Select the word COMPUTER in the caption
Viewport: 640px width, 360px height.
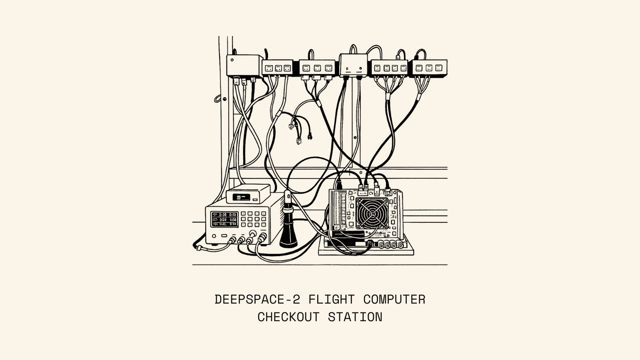pyautogui.click(x=394, y=300)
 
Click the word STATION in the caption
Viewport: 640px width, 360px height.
pyautogui.click(x=355, y=317)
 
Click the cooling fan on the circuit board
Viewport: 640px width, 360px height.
pyautogui.click(x=372, y=213)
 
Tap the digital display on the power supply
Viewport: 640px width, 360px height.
pyautogui.click(x=224, y=219)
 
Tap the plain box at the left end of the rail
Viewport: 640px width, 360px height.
pyautogui.click(x=241, y=65)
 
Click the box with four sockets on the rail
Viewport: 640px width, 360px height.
pyautogui.click(x=390, y=68)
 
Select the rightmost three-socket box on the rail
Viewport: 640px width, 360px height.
pyautogui.click(x=430, y=68)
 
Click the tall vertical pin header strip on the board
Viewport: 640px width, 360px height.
pyautogui.click(x=342, y=210)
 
